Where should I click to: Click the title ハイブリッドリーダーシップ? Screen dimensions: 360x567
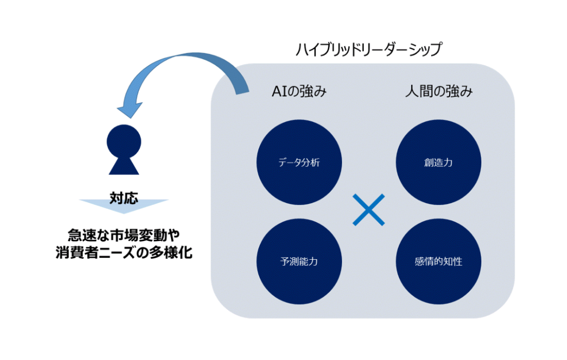point(369,50)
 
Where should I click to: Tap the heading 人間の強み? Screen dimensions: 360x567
point(439,92)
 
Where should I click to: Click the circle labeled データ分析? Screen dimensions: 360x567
point(299,162)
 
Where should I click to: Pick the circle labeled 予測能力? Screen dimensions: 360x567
point(299,261)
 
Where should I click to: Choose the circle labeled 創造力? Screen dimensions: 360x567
point(438,162)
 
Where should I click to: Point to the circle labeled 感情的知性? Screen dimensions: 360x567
point(438,261)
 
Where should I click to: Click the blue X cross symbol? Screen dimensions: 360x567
point(368,210)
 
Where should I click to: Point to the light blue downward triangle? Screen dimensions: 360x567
point(124,206)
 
